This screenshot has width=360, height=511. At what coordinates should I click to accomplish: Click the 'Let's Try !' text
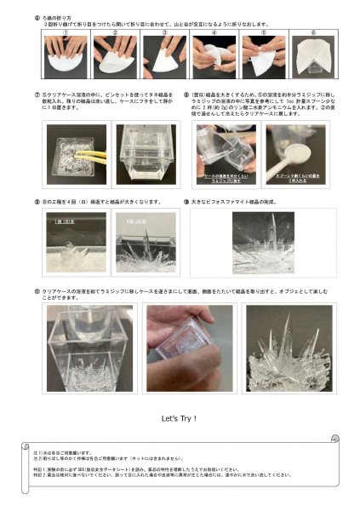[x=179, y=418]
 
